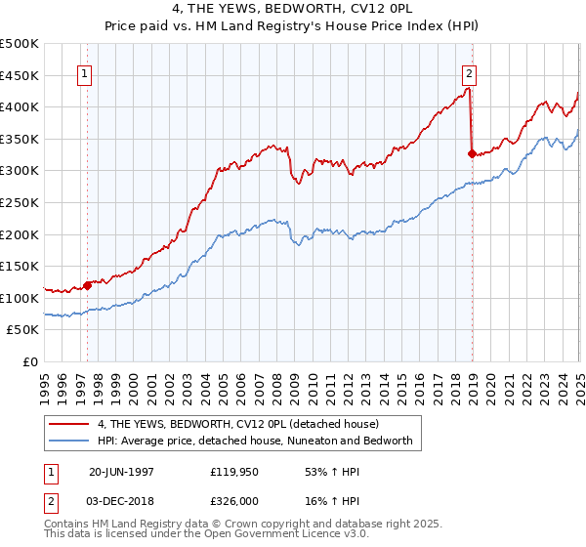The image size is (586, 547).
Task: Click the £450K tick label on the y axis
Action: click(20, 75)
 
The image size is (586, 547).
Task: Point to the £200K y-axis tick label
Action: click(20, 234)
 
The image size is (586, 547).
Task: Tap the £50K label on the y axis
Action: click(23, 330)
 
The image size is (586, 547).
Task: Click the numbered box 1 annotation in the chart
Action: click(86, 75)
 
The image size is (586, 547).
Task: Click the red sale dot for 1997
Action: click(88, 285)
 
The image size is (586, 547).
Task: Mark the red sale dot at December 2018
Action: click(472, 153)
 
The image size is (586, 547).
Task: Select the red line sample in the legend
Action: click(69, 424)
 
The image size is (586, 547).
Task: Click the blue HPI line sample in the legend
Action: click(69, 441)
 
